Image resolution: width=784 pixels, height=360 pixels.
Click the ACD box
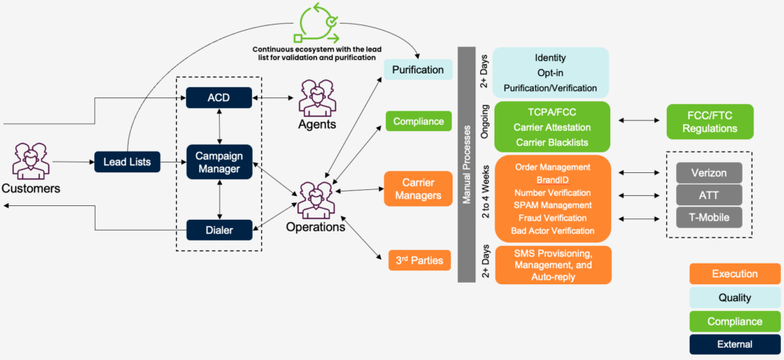pyautogui.click(x=218, y=98)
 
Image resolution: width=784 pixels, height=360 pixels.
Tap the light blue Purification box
pyautogui.click(x=417, y=70)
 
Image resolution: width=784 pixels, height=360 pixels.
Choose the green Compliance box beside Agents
pyautogui.click(x=418, y=121)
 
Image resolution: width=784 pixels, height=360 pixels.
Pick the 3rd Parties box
pyautogui.click(x=420, y=260)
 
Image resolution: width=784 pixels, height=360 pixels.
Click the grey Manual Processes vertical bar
pyautogui.click(x=467, y=164)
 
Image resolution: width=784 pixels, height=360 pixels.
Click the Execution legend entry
pyautogui.click(x=734, y=273)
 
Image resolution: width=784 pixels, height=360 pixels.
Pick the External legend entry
pyautogui.click(x=734, y=344)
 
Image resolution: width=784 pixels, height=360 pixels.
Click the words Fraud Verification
pyautogui.click(x=552, y=218)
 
